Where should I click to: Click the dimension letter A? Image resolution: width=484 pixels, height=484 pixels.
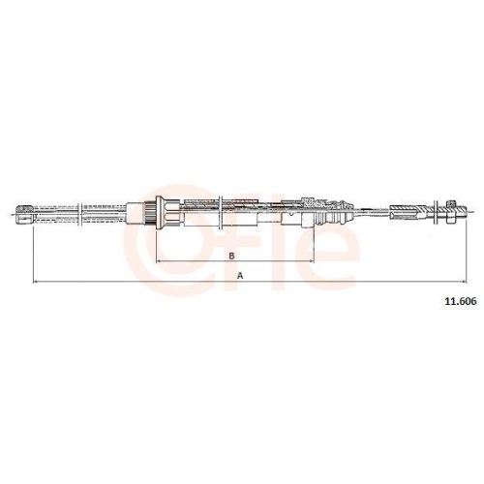pos(240,276)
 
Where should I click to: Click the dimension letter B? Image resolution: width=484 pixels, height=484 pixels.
pos(231,256)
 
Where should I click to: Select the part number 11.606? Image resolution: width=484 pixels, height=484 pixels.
pos(461,301)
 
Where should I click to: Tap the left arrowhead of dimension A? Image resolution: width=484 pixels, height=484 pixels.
pos(36,282)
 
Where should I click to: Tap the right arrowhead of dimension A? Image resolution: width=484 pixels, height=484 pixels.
pos(464,282)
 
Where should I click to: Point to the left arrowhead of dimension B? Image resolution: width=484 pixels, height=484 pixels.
pos(158,261)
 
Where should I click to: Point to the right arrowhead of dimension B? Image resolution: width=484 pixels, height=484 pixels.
pos(312,261)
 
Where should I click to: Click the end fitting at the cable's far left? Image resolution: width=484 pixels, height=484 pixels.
pos(24,214)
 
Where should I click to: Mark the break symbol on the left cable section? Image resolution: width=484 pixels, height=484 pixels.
pos(80,214)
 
